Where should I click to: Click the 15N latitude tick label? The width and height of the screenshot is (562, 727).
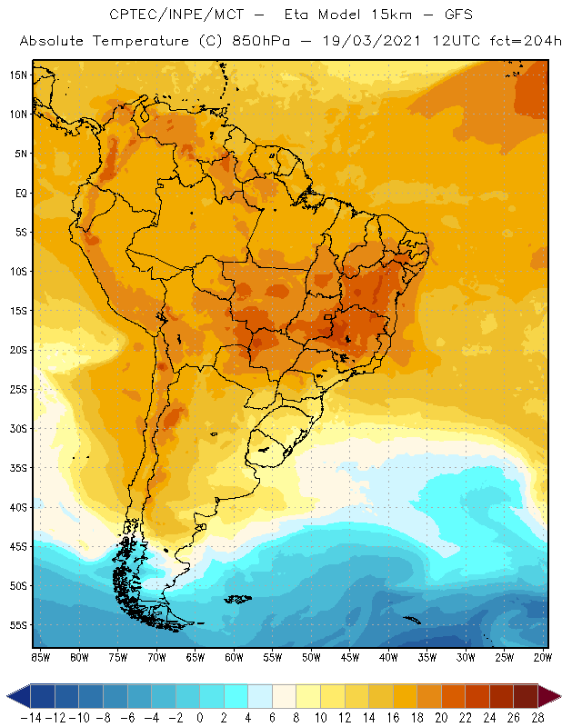[17, 75]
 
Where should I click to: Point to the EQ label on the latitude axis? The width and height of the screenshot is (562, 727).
[20, 193]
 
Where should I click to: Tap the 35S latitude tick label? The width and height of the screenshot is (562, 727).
[17, 467]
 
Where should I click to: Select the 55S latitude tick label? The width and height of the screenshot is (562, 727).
[17, 624]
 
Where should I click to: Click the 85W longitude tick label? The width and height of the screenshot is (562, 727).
[40, 657]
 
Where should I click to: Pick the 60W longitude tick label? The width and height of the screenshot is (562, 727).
[234, 657]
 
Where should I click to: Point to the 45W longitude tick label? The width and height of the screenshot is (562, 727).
[350, 657]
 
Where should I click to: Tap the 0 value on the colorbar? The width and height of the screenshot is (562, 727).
[200, 716]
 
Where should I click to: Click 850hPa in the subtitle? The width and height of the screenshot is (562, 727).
[260, 42]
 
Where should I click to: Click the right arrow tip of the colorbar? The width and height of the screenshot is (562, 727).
[556, 696]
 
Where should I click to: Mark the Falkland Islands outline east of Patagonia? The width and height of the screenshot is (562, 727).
[238, 598]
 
